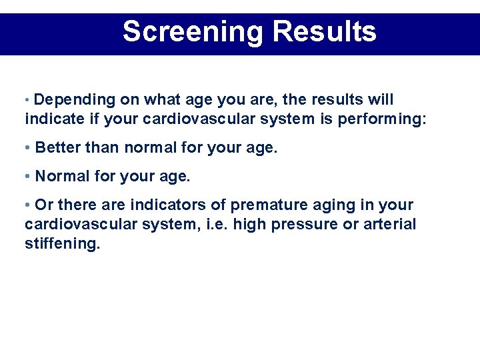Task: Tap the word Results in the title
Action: tap(325, 31)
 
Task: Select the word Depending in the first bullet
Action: tap(75, 100)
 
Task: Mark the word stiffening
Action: tap(62, 243)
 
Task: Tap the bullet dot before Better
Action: tap(27, 148)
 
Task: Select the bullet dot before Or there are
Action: tap(27, 205)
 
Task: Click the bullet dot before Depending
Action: tap(27, 101)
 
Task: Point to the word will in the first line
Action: tap(382, 100)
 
